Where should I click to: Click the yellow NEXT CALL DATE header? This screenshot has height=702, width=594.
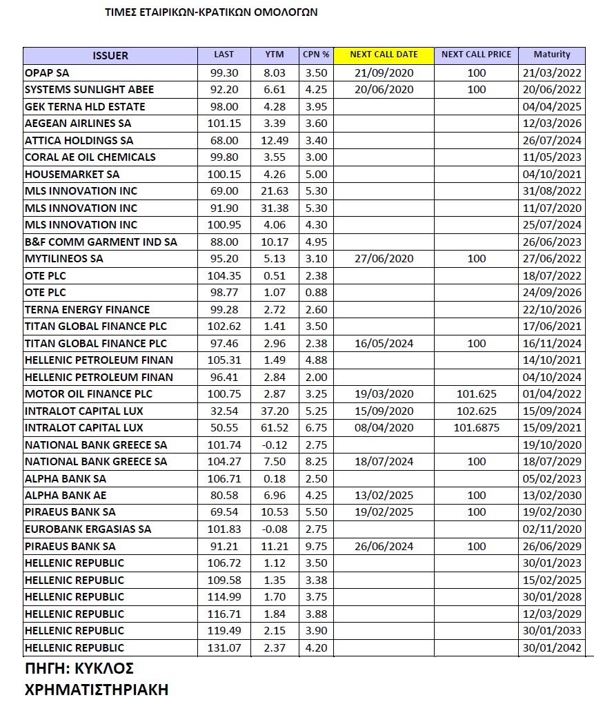point(384,55)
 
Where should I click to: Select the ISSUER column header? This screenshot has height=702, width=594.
point(110,55)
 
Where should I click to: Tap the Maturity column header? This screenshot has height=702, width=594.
point(552,55)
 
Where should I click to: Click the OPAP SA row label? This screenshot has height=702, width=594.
point(47,72)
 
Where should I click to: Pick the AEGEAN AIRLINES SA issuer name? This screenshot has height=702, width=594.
point(78,123)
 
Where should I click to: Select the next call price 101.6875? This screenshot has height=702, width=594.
point(476,428)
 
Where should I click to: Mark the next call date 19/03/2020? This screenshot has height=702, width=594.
point(384,394)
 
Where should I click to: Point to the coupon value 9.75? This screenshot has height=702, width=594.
point(316,546)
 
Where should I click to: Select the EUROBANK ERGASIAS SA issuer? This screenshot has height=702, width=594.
point(88,529)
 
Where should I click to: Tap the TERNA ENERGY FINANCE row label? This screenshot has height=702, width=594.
point(87,309)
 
